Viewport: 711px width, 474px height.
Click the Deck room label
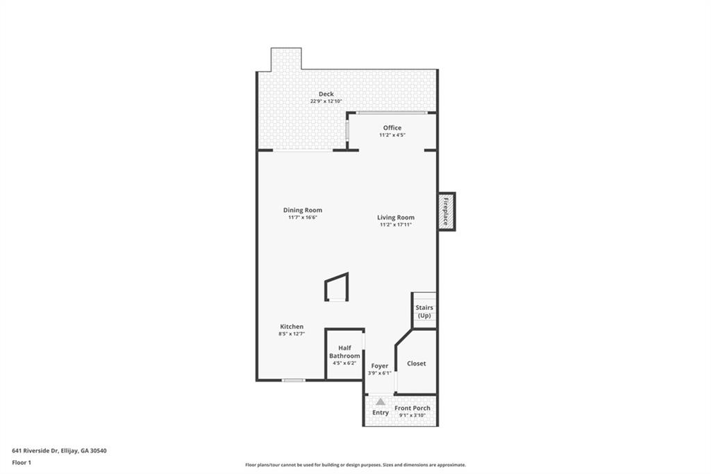point(326,94)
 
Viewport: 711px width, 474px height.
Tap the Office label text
point(392,128)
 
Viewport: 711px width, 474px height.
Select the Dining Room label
point(303,210)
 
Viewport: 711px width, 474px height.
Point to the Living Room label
point(396,218)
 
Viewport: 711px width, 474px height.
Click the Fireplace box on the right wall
point(446,211)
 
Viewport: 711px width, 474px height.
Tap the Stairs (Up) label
point(424,311)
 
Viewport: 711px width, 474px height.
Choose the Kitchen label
point(292,327)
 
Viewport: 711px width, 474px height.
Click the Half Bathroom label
point(344,352)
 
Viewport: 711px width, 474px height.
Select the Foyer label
point(380,366)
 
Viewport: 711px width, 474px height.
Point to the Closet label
point(417,363)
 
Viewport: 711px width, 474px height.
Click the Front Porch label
point(412,408)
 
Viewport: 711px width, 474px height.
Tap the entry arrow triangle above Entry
point(380,402)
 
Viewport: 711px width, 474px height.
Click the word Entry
point(380,413)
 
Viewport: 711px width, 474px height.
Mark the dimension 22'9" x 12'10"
point(326,101)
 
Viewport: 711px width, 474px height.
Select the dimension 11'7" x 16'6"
point(303,218)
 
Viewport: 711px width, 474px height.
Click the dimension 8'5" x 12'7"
point(292,334)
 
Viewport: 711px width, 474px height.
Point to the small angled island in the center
point(337,287)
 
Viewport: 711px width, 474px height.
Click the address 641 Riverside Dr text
point(59,450)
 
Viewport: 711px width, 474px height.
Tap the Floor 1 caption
point(22,462)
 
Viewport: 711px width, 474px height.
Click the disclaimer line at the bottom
point(355,465)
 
